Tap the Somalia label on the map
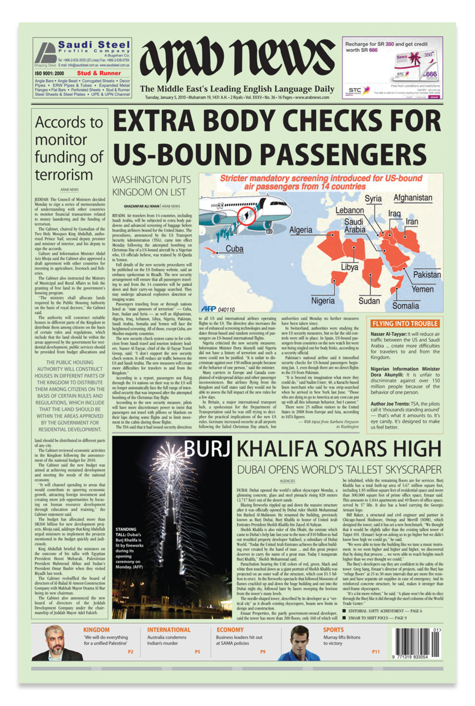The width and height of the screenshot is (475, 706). tap(406, 306)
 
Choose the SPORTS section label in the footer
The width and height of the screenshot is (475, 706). tap(334, 630)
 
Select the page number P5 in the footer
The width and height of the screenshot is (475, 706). tap(198, 652)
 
